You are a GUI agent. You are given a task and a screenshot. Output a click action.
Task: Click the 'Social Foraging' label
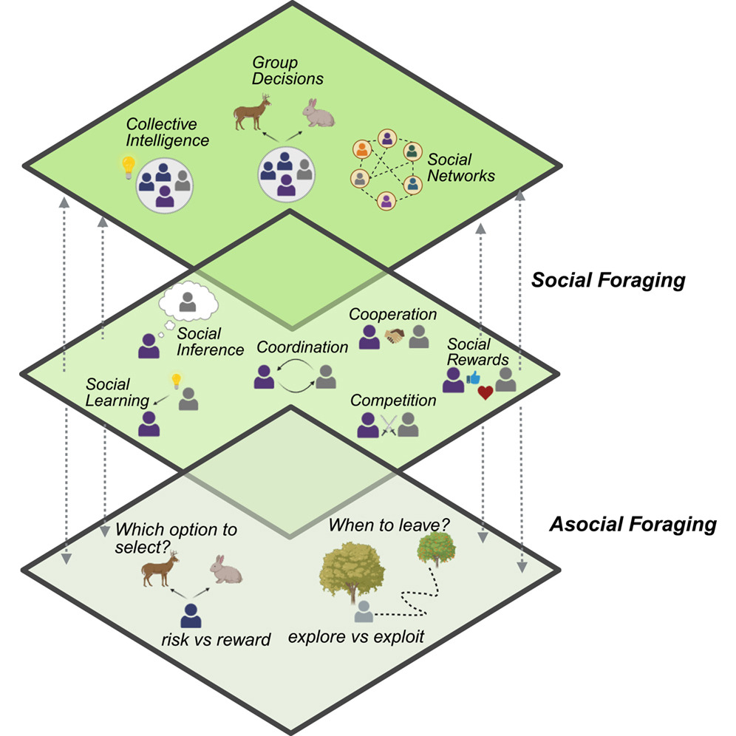click(608, 281)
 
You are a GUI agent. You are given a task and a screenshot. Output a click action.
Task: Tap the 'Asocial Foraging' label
click(633, 525)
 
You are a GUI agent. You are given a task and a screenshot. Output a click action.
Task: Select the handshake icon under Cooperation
click(394, 336)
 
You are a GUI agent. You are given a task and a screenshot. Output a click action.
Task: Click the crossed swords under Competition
click(388, 426)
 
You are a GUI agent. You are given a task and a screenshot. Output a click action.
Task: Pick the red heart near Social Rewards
click(485, 393)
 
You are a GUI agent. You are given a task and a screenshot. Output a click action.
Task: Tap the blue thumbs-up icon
click(474, 378)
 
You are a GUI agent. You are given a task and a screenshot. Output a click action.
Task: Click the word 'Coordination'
click(302, 347)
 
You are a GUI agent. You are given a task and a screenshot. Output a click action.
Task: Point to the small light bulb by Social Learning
click(176, 381)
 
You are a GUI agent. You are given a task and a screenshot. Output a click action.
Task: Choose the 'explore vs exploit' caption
click(356, 636)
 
